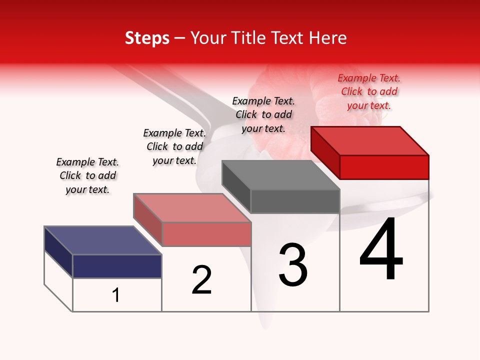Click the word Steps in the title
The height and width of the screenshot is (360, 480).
coord(147,38)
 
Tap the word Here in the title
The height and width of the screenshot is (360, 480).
coord(328,38)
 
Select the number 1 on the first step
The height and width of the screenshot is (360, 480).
coord(116,295)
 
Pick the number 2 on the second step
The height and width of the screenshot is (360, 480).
coord(201,280)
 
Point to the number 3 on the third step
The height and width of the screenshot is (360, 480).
coord(292,265)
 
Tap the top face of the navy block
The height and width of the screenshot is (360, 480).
coord(102,240)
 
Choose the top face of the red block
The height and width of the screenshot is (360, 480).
coord(369,141)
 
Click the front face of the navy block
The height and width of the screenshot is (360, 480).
coord(117,266)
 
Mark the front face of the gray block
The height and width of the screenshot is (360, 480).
coord(295,201)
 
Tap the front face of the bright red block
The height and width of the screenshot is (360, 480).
coord(384,167)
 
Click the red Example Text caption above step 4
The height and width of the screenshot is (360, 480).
coord(369,91)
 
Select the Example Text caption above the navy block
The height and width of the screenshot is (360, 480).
coord(87,175)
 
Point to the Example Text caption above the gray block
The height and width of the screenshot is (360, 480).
coord(263,114)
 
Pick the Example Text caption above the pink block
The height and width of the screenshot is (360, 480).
coord(174,146)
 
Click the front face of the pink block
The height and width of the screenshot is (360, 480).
coord(206,234)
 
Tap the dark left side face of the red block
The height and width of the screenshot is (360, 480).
coord(325,152)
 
